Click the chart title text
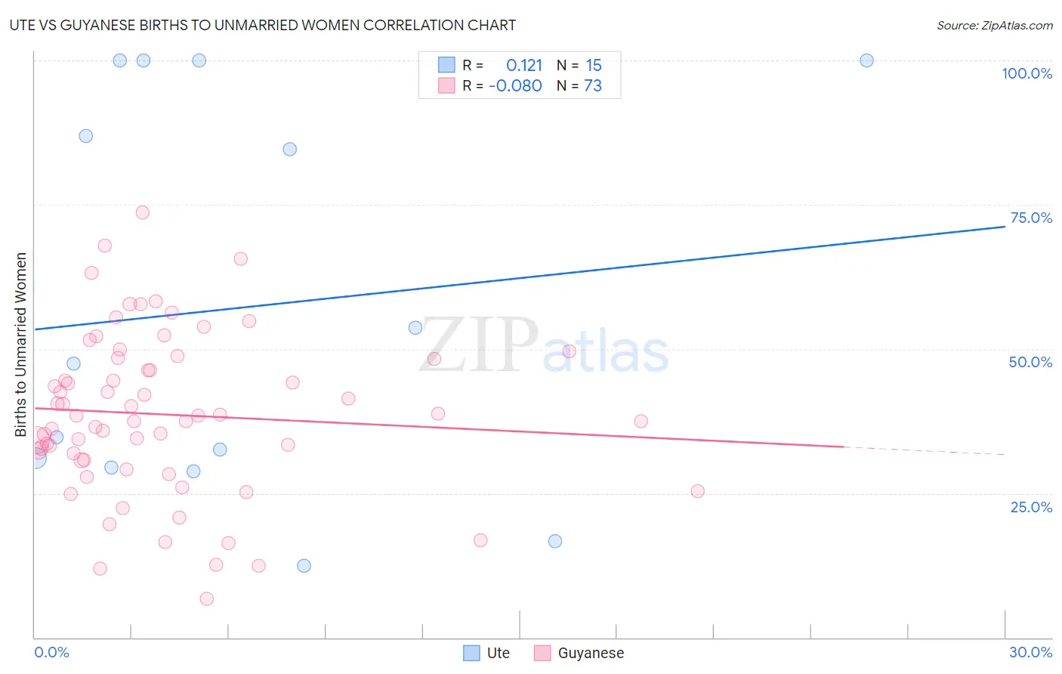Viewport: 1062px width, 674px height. [263, 25]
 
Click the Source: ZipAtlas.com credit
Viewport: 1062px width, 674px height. [994, 26]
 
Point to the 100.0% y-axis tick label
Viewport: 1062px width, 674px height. [1026, 73]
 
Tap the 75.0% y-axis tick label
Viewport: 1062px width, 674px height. [1031, 218]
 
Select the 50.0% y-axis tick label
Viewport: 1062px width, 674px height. [1030, 362]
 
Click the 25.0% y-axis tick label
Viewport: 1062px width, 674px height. [1031, 507]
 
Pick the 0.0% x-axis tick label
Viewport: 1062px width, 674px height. [51, 652]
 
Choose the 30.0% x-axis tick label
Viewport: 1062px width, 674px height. [1030, 652]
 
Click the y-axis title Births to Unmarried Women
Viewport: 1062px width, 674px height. [20, 345]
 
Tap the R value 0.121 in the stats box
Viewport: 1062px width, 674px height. [524, 66]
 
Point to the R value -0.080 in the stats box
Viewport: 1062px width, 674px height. [515, 86]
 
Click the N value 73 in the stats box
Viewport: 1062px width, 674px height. [593, 86]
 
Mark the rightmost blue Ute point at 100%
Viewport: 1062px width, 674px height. [866, 60]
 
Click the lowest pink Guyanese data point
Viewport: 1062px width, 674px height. [206, 598]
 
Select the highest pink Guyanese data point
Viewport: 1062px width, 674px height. [142, 212]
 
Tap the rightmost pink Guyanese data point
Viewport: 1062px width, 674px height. [697, 491]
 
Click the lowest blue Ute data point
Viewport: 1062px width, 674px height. [304, 566]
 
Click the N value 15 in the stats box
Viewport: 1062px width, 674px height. [594, 66]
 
